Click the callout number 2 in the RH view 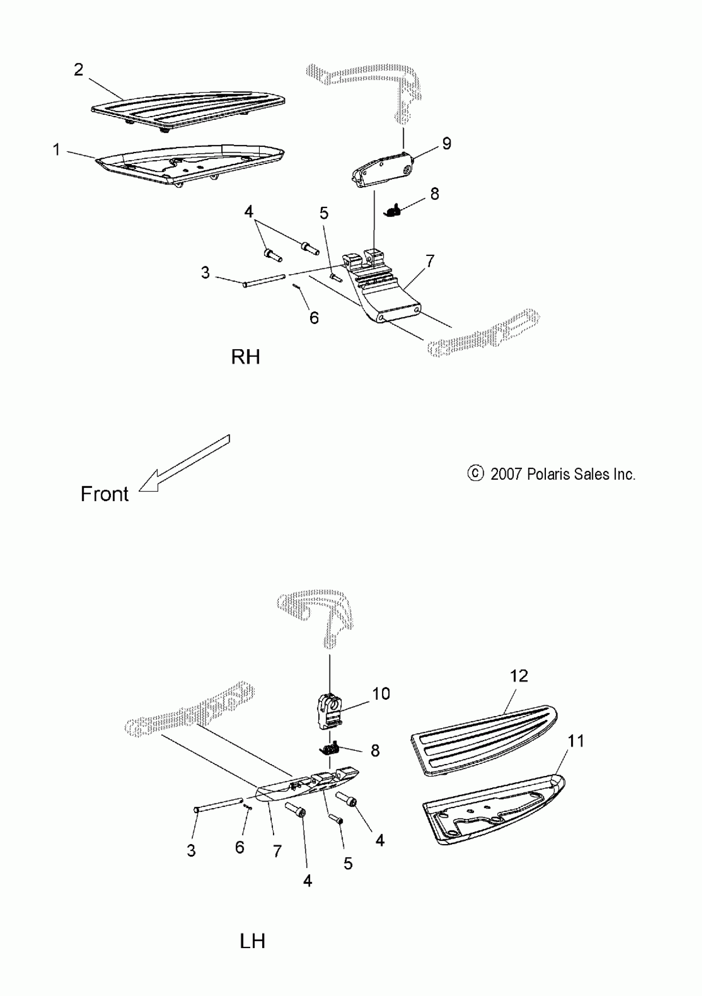pyautogui.click(x=78, y=69)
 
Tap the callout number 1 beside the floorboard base pyautogui.click(x=57, y=150)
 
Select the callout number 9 pyautogui.click(x=446, y=144)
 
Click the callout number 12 pyautogui.click(x=519, y=676)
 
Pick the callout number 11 pyautogui.click(x=576, y=741)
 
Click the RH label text pyautogui.click(x=246, y=357)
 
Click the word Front pyautogui.click(x=104, y=494)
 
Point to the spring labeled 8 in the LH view pyautogui.click(x=332, y=749)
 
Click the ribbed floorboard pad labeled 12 pyautogui.click(x=484, y=739)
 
